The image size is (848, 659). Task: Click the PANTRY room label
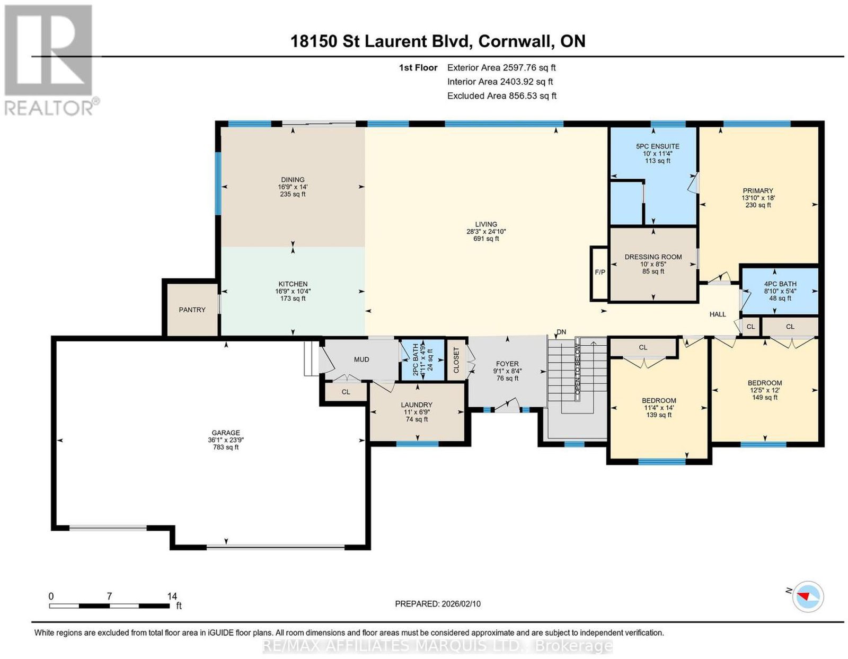192,310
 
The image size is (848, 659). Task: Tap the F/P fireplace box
599,274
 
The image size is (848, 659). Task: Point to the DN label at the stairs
561,332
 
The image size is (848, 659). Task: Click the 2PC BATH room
423,360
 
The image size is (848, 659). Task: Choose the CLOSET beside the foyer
456,360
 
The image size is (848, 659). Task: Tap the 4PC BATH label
780,284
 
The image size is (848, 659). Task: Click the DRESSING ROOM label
653,257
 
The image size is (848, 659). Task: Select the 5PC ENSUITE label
658,146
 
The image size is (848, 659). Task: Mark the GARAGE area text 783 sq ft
226,447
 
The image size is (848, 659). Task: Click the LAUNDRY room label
417,405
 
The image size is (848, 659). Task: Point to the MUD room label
361,359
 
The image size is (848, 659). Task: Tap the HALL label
718,314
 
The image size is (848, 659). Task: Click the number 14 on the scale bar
172,596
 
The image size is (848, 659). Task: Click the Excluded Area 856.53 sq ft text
502,95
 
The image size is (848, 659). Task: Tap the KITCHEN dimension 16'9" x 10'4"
293,292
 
